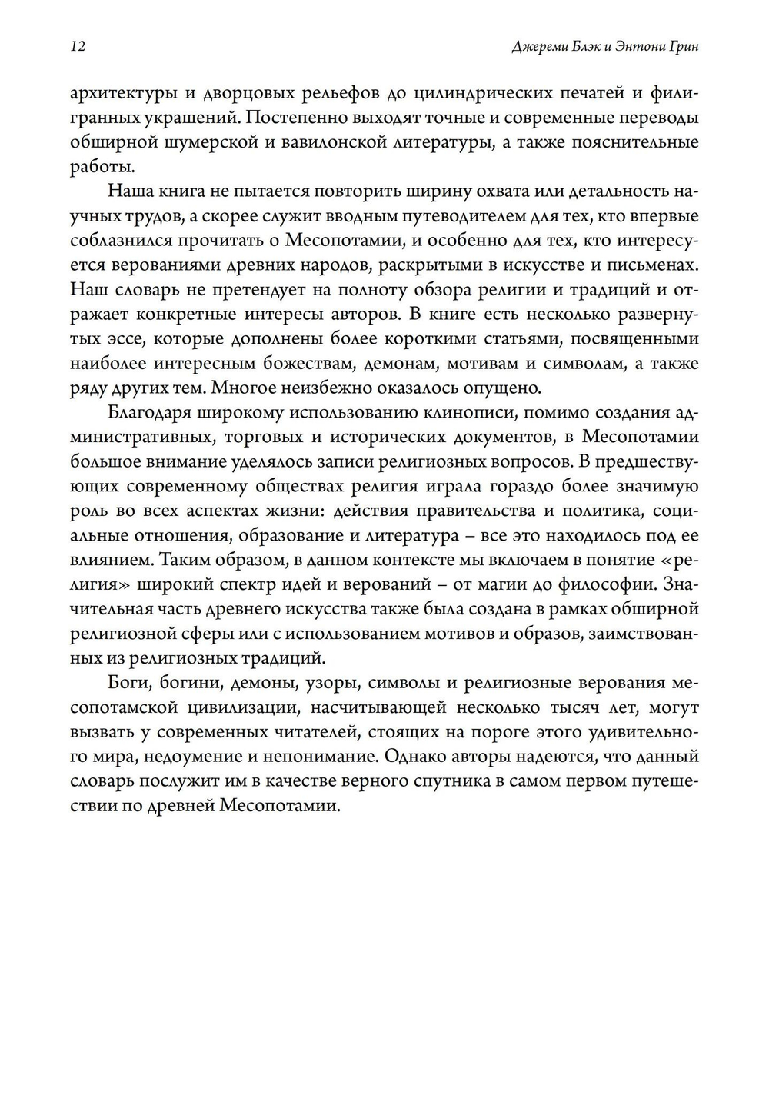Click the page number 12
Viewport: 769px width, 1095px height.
(x=78, y=47)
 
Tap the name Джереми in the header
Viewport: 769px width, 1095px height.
(x=539, y=47)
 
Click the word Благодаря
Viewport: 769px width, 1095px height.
(x=149, y=413)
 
